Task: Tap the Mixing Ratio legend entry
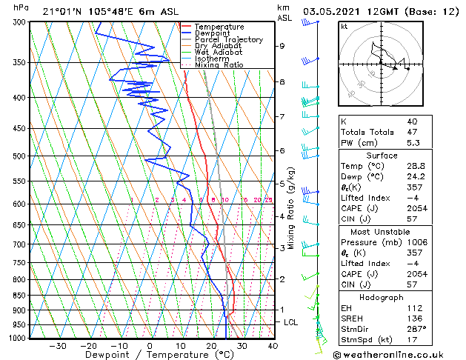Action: click(x=219, y=65)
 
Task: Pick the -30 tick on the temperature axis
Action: click(x=57, y=346)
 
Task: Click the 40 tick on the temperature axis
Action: click(x=273, y=346)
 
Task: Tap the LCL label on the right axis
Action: click(x=291, y=322)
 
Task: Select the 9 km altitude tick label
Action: click(x=282, y=46)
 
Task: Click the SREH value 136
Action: click(x=413, y=319)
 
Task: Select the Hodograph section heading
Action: click(x=381, y=297)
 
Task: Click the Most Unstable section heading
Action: click(x=381, y=231)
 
